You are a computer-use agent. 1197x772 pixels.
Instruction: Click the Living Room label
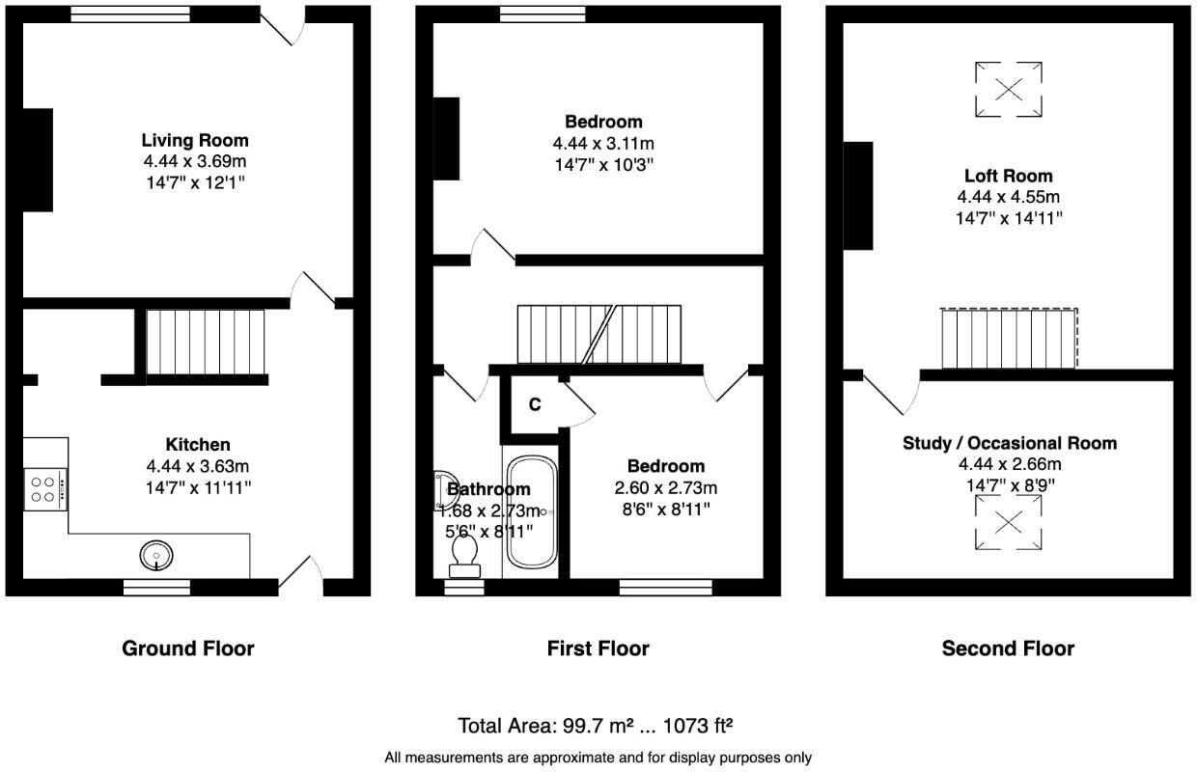(195, 140)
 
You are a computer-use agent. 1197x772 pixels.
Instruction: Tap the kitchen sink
(156, 556)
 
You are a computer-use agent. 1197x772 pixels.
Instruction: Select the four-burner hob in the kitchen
(45, 489)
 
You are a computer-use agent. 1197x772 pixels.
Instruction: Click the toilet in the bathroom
(464, 556)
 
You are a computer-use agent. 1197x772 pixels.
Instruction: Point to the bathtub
(532, 512)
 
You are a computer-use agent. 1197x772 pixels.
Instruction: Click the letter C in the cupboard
(535, 404)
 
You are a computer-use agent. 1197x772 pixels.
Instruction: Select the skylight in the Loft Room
(1009, 89)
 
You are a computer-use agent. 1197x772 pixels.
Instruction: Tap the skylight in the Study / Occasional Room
(1009, 522)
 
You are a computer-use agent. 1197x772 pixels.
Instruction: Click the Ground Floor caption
(188, 648)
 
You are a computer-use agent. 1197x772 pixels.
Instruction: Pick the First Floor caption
(598, 648)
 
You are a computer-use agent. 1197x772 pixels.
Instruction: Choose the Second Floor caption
(1008, 648)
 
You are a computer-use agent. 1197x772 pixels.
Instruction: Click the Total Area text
(596, 726)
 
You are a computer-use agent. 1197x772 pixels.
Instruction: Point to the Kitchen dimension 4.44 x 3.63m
(198, 466)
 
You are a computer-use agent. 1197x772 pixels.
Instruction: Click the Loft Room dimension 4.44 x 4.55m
(1009, 197)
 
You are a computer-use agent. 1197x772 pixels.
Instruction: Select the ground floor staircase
(206, 342)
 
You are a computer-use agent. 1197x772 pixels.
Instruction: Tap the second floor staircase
(1009, 338)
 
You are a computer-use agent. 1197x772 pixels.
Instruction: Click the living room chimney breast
(38, 160)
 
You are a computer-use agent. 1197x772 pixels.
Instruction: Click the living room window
(131, 14)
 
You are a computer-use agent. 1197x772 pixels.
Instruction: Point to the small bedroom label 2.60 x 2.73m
(666, 487)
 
